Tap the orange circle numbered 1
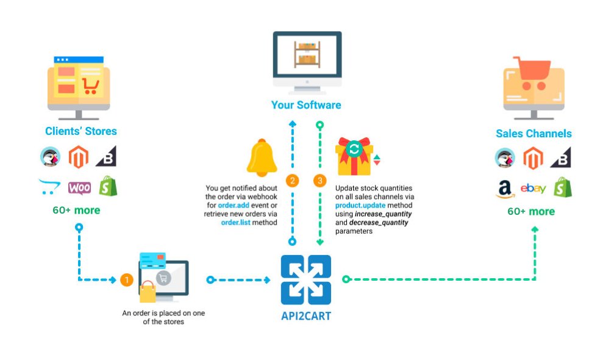127,280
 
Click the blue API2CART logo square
305,280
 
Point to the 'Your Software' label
306,105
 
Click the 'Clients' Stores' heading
80,131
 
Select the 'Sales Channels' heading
534,133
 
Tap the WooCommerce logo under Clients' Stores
79,187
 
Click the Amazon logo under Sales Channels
505,190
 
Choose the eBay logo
533,189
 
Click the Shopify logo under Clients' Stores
108,186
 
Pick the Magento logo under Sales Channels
532,159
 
